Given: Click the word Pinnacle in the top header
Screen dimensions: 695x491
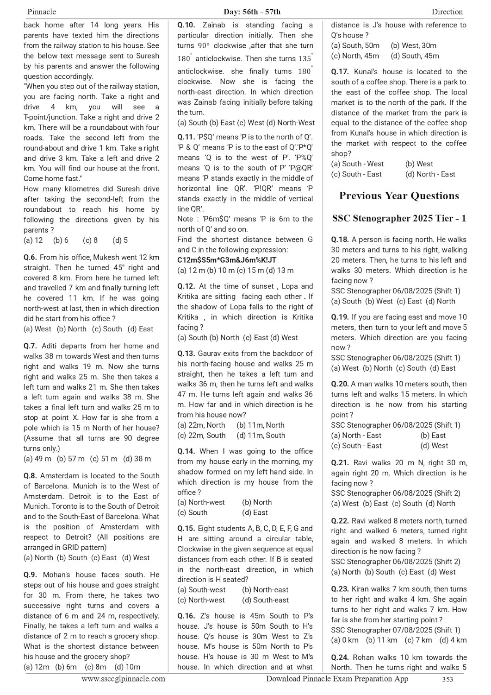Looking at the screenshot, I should pos(42,12).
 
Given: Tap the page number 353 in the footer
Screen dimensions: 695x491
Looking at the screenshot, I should pos(447,679).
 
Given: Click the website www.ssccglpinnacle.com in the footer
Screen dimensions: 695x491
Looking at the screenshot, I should pos(123,679).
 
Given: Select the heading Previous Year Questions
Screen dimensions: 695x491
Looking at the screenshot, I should pos(399,196).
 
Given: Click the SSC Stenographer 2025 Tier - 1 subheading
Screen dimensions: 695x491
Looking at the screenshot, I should pos(399,218).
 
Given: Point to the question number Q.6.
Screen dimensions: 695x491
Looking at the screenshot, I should pos(30,257).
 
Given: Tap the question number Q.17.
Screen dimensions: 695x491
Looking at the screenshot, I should pos(340,71).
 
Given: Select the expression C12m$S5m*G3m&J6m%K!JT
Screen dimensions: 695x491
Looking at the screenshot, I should pos(226,260).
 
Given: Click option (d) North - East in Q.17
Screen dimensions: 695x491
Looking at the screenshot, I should pos(430,174).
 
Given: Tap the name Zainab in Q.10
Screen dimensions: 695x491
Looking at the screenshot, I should pos(214,25).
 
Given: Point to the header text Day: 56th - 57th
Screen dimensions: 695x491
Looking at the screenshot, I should pos(245,12).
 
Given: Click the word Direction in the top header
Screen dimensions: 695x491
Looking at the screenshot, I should pos(447,12).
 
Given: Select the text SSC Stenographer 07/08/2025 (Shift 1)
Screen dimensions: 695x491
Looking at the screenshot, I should pos(396,630).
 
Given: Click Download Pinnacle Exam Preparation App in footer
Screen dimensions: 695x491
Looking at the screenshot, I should pos(337,679).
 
